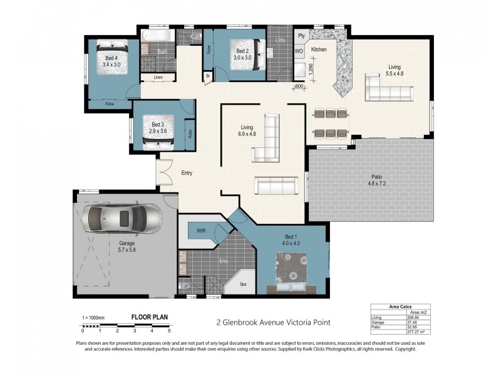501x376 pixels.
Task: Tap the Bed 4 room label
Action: click(111, 57)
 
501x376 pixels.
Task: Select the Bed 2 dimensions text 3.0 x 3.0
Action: click(243, 58)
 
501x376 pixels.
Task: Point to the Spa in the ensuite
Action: click(243, 284)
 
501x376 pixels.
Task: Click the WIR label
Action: click(201, 231)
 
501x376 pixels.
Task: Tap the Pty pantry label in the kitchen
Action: click(301, 36)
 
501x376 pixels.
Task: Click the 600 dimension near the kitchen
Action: click(299, 86)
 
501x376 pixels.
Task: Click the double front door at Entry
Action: click(165, 172)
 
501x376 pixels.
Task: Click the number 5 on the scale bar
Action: click(169, 330)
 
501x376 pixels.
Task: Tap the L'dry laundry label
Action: click(280, 40)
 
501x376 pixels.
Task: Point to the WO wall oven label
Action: click(299, 51)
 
